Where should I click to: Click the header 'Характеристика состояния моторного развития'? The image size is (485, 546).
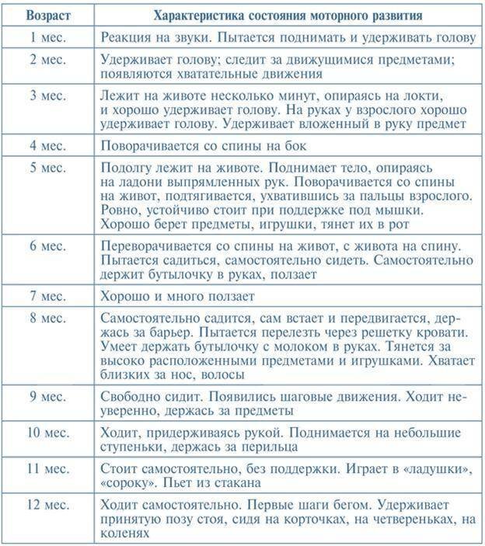click(x=288, y=15)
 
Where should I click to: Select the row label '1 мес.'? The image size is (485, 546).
click(x=46, y=37)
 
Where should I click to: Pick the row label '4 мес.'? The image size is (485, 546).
click(x=46, y=144)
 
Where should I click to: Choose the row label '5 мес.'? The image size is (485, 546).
click(x=46, y=168)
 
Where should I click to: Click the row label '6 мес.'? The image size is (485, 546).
click(x=46, y=245)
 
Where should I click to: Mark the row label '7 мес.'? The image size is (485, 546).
click(x=46, y=296)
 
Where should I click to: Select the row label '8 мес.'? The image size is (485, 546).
click(x=46, y=319)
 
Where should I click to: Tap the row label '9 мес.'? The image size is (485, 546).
click(x=46, y=397)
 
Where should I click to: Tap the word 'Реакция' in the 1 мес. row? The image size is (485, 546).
click(x=126, y=37)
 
